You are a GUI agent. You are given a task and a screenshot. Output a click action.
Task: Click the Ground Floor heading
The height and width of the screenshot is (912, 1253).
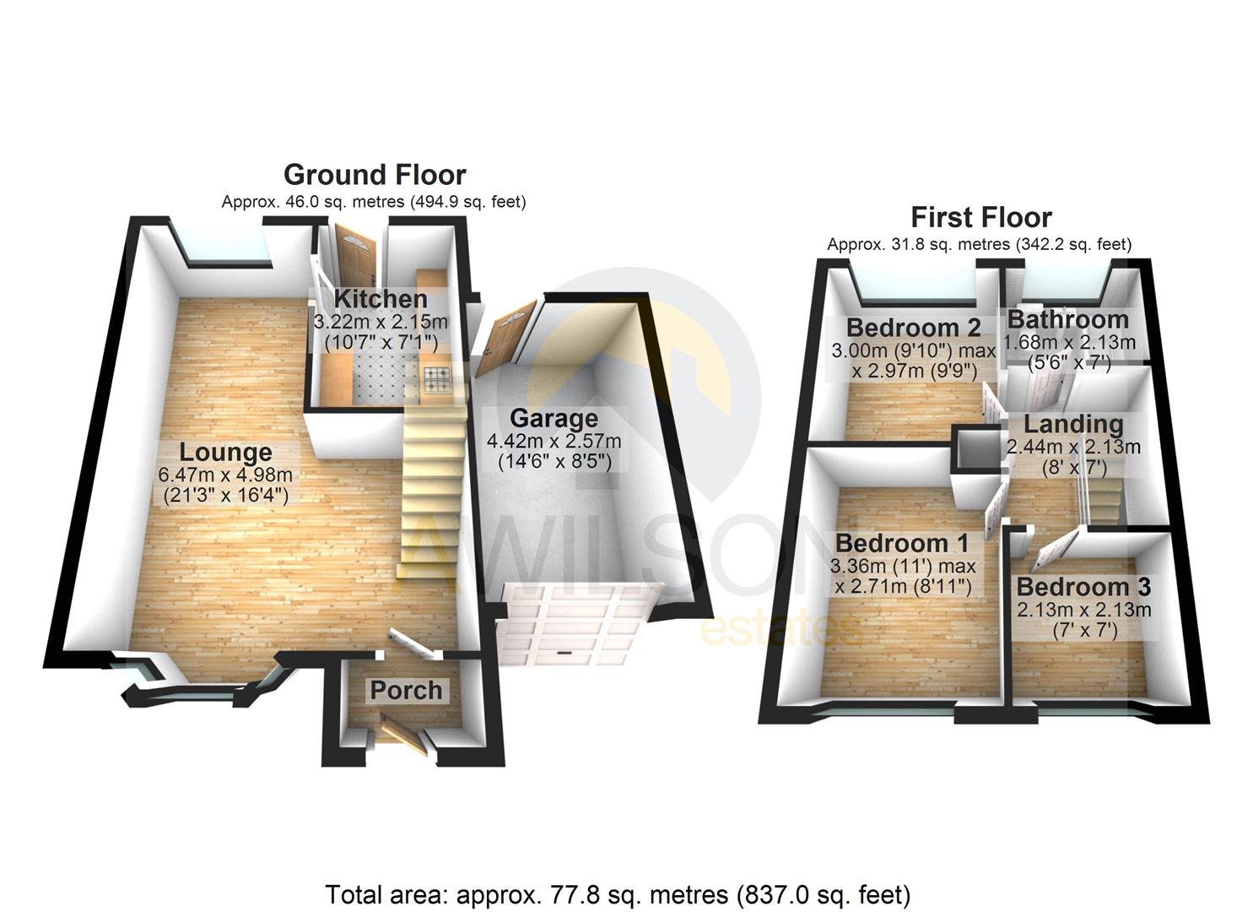pyautogui.click(x=375, y=175)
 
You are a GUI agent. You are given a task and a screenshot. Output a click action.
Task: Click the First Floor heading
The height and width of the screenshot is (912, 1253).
pyautogui.click(x=980, y=218)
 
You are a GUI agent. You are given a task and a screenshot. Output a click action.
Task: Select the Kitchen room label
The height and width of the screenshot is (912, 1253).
pyautogui.click(x=381, y=299)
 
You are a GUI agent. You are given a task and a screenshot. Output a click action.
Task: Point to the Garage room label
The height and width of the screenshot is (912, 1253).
pyautogui.click(x=554, y=418)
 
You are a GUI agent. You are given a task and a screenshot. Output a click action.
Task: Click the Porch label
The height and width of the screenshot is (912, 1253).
pyautogui.click(x=406, y=690)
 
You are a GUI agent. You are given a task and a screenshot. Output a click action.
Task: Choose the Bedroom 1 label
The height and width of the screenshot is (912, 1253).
pyautogui.click(x=901, y=543)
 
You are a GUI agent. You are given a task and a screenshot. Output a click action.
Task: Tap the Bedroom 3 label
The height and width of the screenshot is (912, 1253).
pyautogui.click(x=1083, y=587)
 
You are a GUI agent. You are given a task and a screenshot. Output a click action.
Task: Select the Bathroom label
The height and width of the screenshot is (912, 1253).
pyautogui.click(x=1067, y=319)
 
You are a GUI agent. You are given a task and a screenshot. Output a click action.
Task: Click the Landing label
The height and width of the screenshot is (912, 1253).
pyautogui.click(x=1072, y=424)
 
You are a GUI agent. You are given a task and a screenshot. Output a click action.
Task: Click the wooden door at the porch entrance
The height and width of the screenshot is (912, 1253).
pyautogui.click(x=402, y=732)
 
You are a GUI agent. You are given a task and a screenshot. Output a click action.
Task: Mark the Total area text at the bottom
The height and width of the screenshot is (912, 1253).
pyautogui.click(x=618, y=894)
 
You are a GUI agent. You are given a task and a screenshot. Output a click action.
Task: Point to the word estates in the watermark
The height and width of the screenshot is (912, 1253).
pyautogui.click(x=781, y=629)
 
